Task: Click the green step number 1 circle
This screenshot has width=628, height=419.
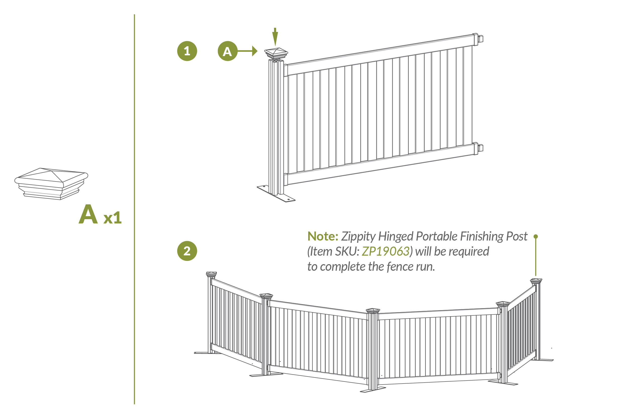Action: click(187, 51)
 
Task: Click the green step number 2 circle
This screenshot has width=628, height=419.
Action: click(187, 251)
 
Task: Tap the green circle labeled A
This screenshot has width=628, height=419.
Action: click(228, 51)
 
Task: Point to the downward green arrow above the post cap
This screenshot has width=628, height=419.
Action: click(275, 37)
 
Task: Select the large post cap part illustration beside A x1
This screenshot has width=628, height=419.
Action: click(51, 184)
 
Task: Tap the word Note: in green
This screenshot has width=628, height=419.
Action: click(323, 236)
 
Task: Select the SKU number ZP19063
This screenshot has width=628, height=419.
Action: click(386, 251)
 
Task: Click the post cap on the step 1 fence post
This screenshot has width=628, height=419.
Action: click(276, 54)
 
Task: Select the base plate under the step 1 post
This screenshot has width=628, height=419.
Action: click(276, 194)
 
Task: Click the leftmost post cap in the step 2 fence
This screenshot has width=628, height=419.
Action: click(212, 274)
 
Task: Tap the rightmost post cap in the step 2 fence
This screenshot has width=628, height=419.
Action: click(536, 281)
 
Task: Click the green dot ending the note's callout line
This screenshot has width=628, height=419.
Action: click(536, 237)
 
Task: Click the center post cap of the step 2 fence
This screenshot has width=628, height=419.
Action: click(373, 311)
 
